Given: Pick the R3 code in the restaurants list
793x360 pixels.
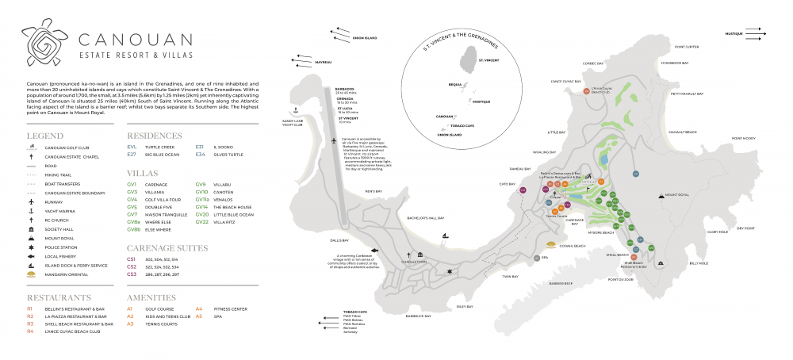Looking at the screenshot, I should tap(29, 324).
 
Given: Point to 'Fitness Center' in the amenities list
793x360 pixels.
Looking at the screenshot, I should tap(232, 308).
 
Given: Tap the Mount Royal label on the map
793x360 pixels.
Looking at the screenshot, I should tap(677, 194).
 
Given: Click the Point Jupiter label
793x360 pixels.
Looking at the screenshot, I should tap(686, 47).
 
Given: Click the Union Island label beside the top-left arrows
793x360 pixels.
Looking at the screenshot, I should tap(365, 37).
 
